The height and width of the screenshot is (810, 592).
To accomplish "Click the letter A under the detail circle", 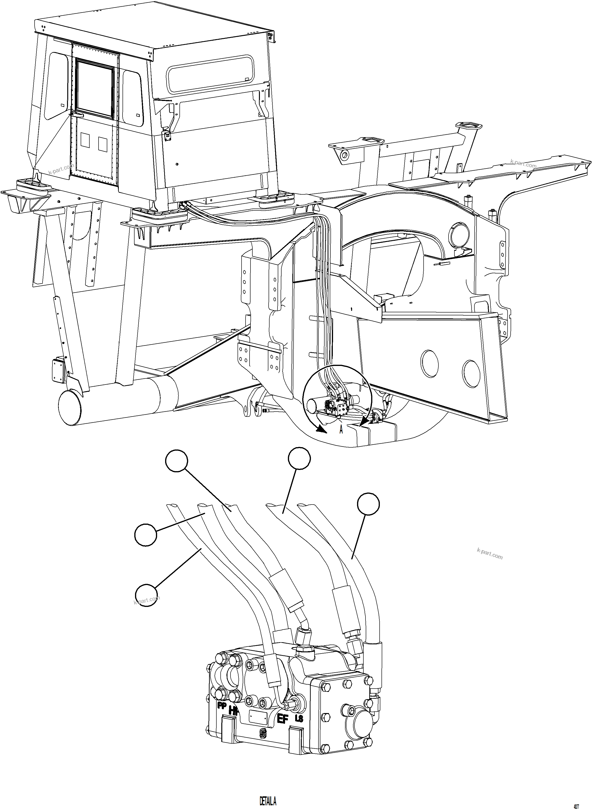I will [341, 429].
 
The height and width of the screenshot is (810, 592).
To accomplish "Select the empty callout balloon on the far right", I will [368, 504].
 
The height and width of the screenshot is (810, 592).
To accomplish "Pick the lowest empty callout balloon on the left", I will [146, 595].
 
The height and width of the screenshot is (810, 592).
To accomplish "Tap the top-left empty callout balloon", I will [176, 461].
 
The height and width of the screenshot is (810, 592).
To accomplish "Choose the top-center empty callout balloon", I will [300, 458].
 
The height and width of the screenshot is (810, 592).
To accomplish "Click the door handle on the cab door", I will [77, 114].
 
